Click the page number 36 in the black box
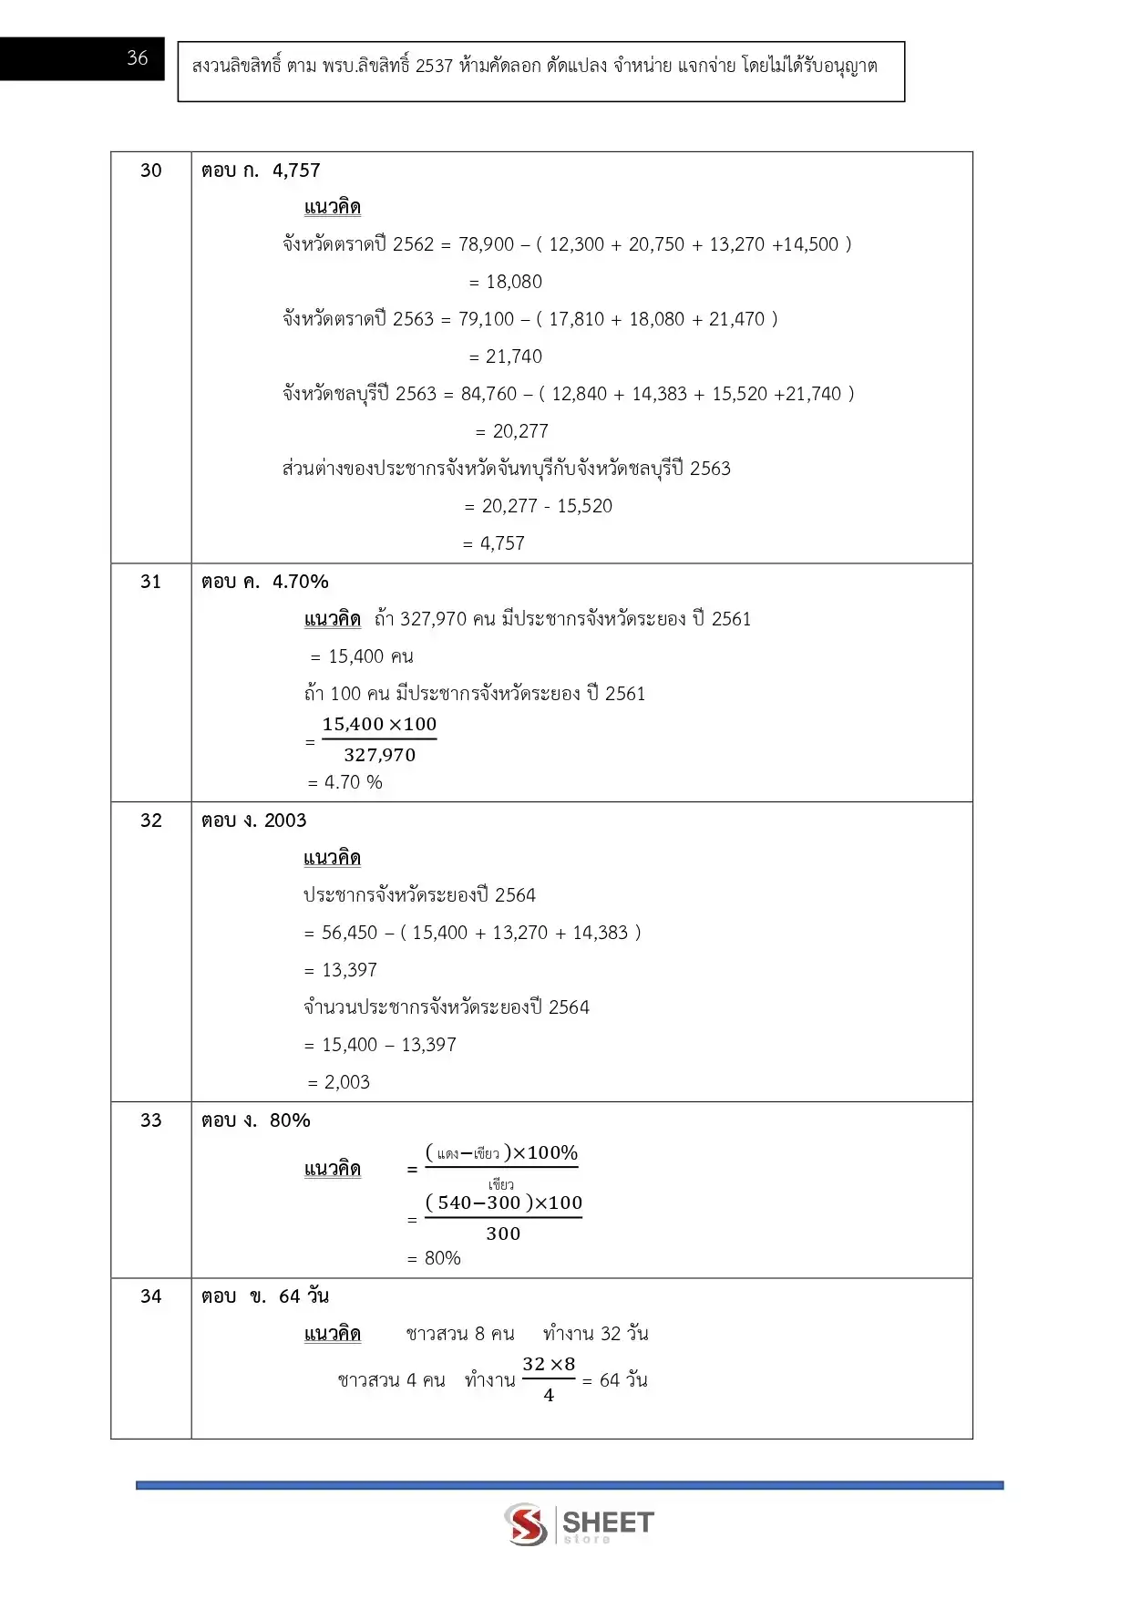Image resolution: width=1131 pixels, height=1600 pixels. (x=137, y=58)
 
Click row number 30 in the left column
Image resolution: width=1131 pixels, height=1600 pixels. (x=151, y=170)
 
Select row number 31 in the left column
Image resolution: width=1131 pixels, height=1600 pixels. (x=151, y=582)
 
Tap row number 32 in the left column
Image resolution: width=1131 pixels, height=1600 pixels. (x=151, y=821)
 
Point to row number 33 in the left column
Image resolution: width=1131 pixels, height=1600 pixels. (x=151, y=1120)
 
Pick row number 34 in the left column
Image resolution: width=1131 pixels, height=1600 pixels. (x=151, y=1296)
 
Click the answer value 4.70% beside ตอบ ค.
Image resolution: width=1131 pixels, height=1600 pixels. (x=301, y=582)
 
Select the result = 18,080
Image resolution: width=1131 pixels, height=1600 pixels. (x=506, y=282)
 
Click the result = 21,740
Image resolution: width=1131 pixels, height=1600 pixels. (x=506, y=356)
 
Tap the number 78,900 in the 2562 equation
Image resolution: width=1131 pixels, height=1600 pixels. (x=487, y=244)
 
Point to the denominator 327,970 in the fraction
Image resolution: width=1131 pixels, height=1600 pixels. (x=379, y=755)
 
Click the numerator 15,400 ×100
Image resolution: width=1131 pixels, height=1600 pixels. (x=379, y=725)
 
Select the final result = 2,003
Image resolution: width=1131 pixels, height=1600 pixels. (x=339, y=1082)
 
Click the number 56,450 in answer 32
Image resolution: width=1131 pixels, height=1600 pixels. (x=349, y=933)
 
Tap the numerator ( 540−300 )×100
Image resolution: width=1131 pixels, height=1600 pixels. (x=504, y=1203)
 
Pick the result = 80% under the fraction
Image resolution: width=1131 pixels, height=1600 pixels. (x=435, y=1258)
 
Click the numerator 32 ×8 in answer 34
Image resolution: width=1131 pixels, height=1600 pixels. (x=549, y=1365)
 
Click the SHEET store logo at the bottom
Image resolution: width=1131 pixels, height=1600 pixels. (x=580, y=1524)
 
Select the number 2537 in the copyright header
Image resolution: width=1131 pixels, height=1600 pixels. (x=434, y=67)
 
